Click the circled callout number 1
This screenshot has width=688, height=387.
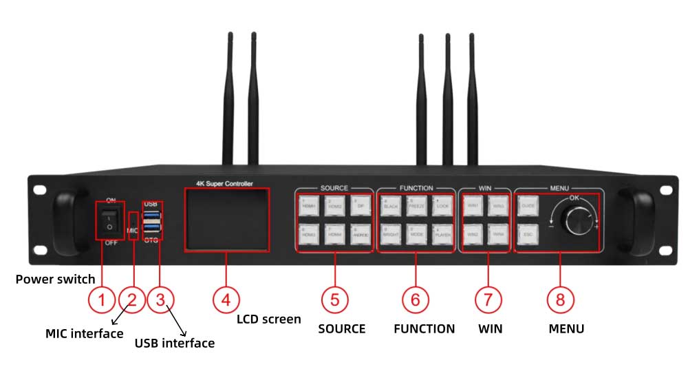click(x=102, y=300)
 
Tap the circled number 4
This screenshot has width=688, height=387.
click(x=226, y=300)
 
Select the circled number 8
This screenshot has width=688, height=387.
click(x=560, y=300)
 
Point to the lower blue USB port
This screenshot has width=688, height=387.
click(x=153, y=228)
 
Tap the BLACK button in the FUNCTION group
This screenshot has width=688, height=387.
click(x=391, y=205)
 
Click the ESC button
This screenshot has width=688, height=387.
click(x=528, y=233)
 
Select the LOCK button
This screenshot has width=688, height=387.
click(x=442, y=205)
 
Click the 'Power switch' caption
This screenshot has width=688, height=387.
click(x=55, y=279)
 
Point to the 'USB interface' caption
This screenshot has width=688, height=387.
click(x=174, y=343)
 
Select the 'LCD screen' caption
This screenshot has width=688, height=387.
click(x=268, y=319)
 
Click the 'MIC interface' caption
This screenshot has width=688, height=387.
click(x=84, y=334)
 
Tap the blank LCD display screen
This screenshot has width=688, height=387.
click(x=226, y=220)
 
